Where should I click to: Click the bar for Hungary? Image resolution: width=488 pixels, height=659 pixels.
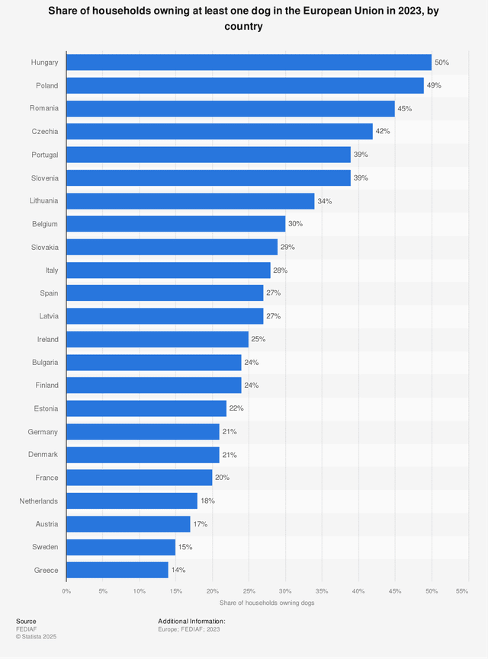(249, 62)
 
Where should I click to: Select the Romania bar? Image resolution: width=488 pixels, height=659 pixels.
(230, 108)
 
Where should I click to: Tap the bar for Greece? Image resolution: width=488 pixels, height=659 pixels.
(117, 570)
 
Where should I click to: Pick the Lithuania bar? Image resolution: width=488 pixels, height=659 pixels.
(191, 201)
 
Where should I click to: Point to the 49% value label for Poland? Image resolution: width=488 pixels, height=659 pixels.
(434, 85)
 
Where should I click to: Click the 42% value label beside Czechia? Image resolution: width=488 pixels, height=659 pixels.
(383, 132)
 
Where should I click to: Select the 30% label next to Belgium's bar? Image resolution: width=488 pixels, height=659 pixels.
(295, 224)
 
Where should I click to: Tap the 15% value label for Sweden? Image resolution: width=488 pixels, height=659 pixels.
(185, 547)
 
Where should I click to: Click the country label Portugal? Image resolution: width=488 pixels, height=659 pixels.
(44, 155)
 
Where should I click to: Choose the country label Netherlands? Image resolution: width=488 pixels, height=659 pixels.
(39, 501)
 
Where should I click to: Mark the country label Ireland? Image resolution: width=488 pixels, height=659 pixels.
(47, 339)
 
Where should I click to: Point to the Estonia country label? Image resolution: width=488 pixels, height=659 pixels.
(45, 408)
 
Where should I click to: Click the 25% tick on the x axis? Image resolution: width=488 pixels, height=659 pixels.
(249, 591)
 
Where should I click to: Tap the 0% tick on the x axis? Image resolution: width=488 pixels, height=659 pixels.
(66, 591)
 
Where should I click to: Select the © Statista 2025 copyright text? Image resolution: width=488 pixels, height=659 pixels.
(36, 636)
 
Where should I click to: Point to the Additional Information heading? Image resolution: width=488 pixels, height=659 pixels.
(191, 621)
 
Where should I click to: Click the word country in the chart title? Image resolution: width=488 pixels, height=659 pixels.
(244, 27)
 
